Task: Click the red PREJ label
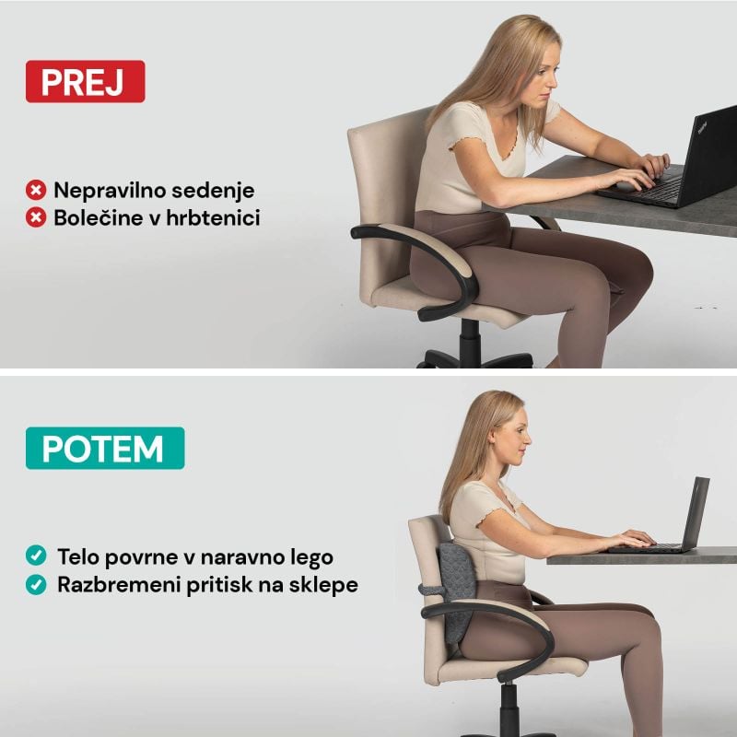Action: pos(85,81)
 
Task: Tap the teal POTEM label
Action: pos(105,448)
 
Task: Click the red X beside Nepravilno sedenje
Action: pos(36,191)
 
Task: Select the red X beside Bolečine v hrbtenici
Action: pos(36,217)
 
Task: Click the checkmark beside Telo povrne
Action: pos(36,556)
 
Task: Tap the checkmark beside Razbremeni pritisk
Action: pos(36,585)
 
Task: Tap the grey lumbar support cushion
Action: pos(455,592)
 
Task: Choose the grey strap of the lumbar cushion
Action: pos(430,590)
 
